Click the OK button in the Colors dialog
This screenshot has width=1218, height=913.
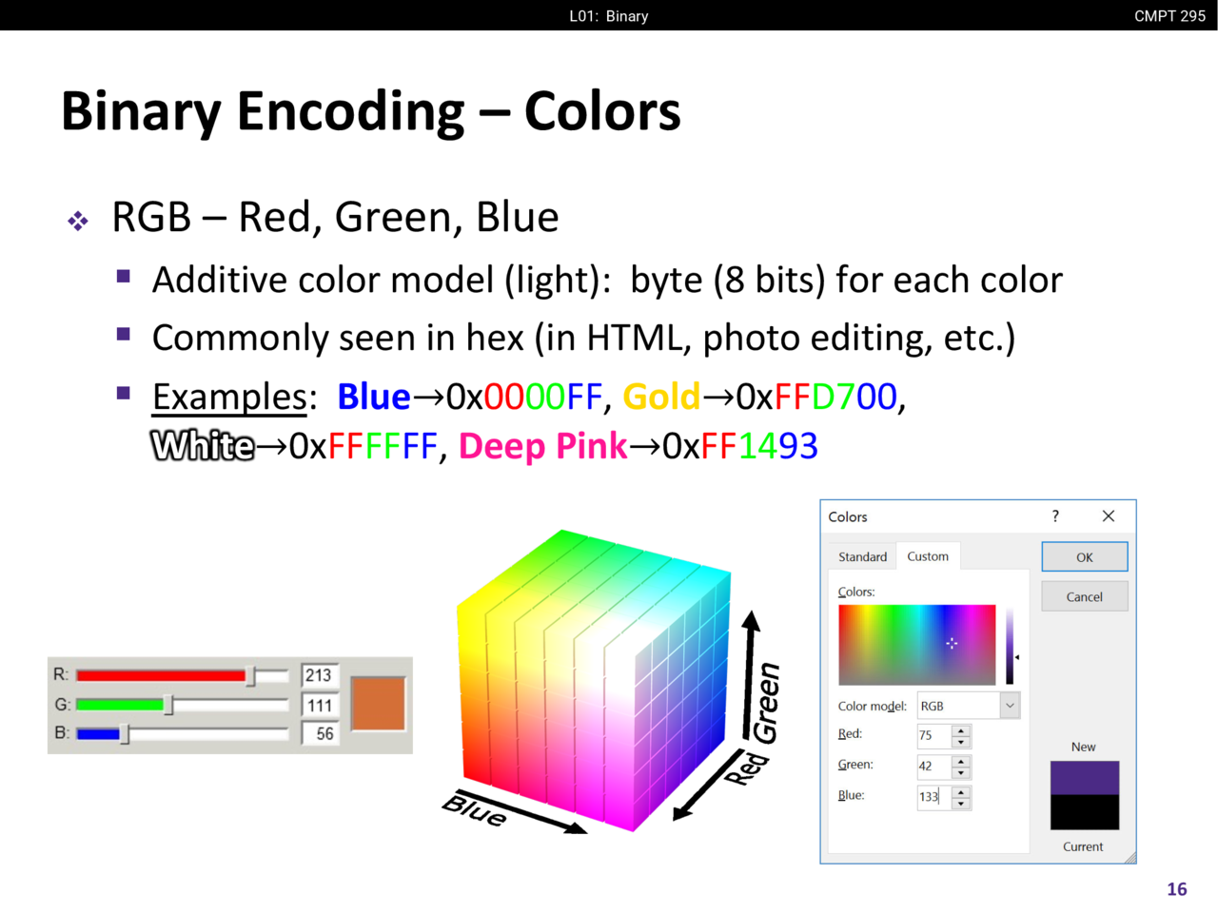pyautogui.click(x=1084, y=556)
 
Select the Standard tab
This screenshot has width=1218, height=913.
pyautogui.click(x=862, y=556)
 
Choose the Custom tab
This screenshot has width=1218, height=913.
pyautogui.click(x=928, y=556)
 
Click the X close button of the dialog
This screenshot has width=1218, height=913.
pyautogui.click(x=1109, y=516)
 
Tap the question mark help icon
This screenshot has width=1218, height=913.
pyautogui.click(x=1055, y=516)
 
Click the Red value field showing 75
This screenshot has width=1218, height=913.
pyautogui.click(x=934, y=735)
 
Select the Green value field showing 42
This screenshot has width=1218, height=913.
pyautogui.click(x=934, y=767)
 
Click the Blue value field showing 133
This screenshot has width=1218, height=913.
pyautogui.click(x=934, y=797)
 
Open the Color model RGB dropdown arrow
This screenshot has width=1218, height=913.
pyautogui.click(x=1010, y=706)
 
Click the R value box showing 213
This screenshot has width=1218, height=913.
pyautogui.click(x=319, y=675)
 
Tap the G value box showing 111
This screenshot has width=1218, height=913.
pyautogui.click(x=319, y=705)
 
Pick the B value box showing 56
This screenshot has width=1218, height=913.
pyautogui.click(x=319, y=734)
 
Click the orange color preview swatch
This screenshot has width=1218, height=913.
pyautogui.click(x=378, y=704)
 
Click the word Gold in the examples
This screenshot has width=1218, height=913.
pyautogui.click(x=661, y=397)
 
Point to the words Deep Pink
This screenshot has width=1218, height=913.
pyautogui.click(x=542, y=447)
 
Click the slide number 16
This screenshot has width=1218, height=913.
pyautogui.click(x=1176, y=889)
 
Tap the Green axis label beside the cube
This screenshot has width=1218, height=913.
pyautogui.click(x=767, y=703)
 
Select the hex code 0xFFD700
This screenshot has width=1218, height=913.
pyautogui.click(x=816, y=397)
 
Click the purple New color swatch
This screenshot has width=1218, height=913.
pyautogui.click(x=1084, y=778)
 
